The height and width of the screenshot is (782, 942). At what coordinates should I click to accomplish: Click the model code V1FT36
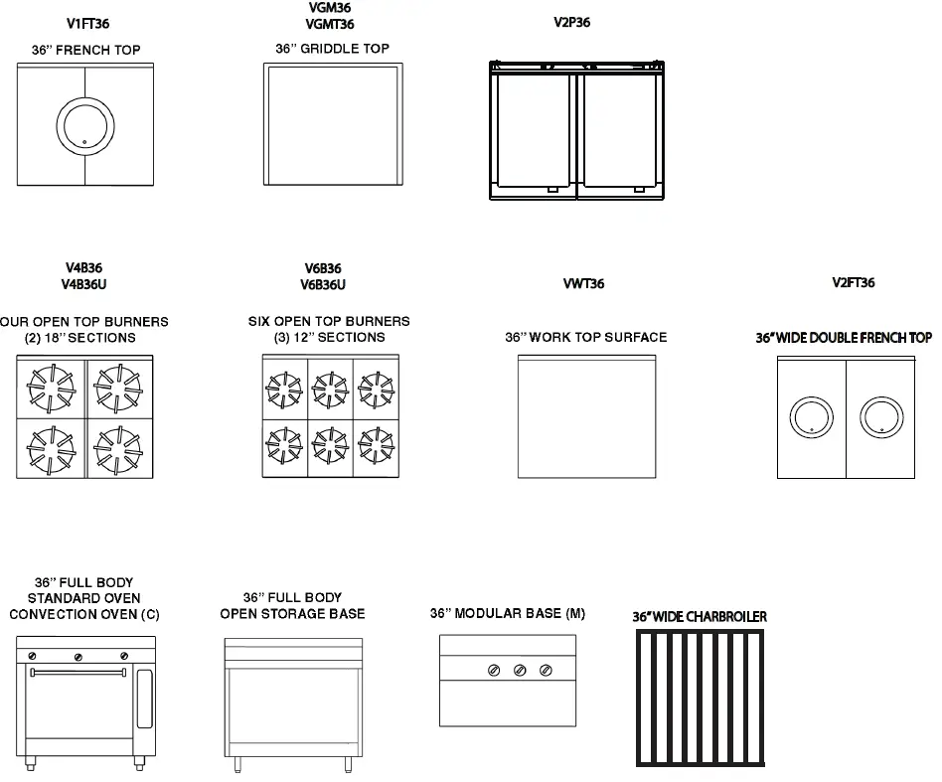point(88,23)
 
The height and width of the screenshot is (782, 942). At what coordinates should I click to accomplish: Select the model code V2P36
point(571,23)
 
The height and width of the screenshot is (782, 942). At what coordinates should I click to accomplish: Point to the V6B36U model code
point(324,285)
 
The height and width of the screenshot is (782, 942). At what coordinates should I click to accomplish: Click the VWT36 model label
point(583,284)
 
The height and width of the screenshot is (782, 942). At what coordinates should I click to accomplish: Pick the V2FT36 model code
point(853,283)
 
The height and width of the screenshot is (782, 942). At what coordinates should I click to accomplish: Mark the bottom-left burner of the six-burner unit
point(284,447)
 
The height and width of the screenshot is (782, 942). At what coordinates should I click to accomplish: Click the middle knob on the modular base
point(520,672)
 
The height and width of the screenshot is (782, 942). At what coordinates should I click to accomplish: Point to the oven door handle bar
point(79,673)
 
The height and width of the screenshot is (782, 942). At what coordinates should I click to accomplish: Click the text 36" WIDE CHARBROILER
point(700,617)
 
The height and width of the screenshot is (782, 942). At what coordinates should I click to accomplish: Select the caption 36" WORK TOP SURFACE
point(586,338)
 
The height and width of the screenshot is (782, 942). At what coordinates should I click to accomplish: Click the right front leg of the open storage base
point(348,764)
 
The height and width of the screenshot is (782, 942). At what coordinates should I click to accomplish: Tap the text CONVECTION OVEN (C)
point(84,615)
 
